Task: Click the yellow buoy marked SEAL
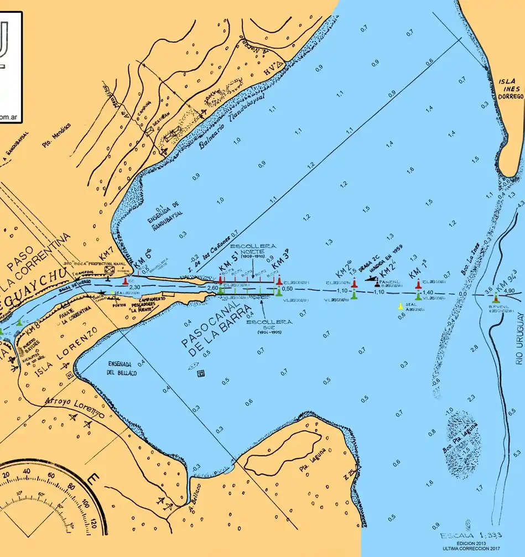(x=401, y=306)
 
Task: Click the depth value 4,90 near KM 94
(x=510, y=291)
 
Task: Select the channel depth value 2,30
(x=134, y=287)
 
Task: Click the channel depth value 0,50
(x=287, y=289)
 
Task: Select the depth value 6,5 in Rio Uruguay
(x=512, y=412)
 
